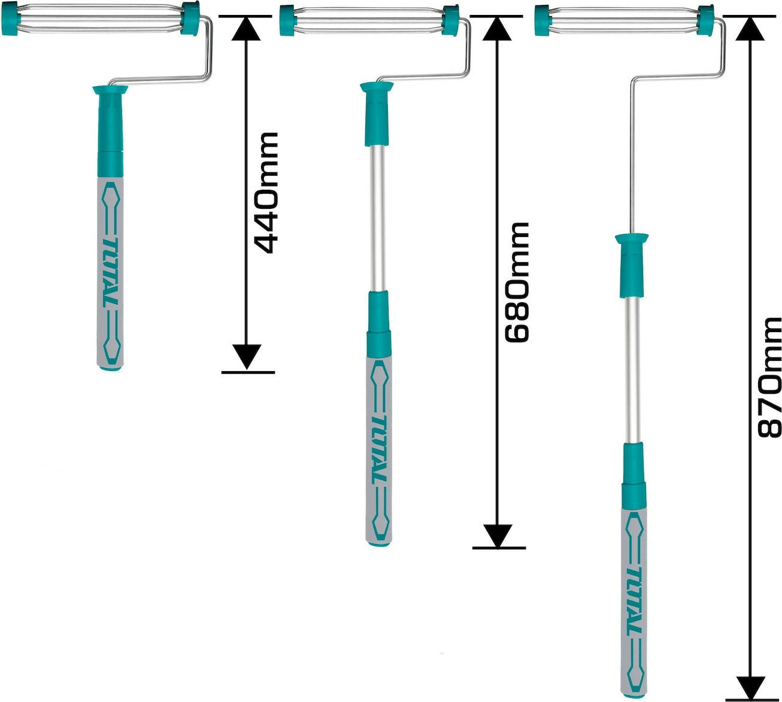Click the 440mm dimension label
(x=265, y=193)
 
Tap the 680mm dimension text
(x=517, y=282)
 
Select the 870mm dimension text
(x=769, y=377)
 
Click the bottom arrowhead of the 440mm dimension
(x=247, y=357)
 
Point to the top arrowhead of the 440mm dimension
(x=246, y=28)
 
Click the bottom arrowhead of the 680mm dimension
(x=498, y=536)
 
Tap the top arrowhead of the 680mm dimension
(x=497, y=28)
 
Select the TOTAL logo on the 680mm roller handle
(x=379, y=449)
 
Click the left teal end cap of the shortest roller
(x=9, y=19)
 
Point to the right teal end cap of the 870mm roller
(x=705, y=20)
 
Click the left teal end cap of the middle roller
(x=287, y=20)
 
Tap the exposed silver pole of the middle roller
(x=378, y=218)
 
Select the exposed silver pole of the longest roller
(x=633, y=370)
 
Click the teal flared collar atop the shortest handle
(x=110, y=90)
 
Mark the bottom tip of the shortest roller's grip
(x=110, y=369)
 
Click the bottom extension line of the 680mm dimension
(x=499, y=548)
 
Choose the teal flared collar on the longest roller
(x=632, y=238)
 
